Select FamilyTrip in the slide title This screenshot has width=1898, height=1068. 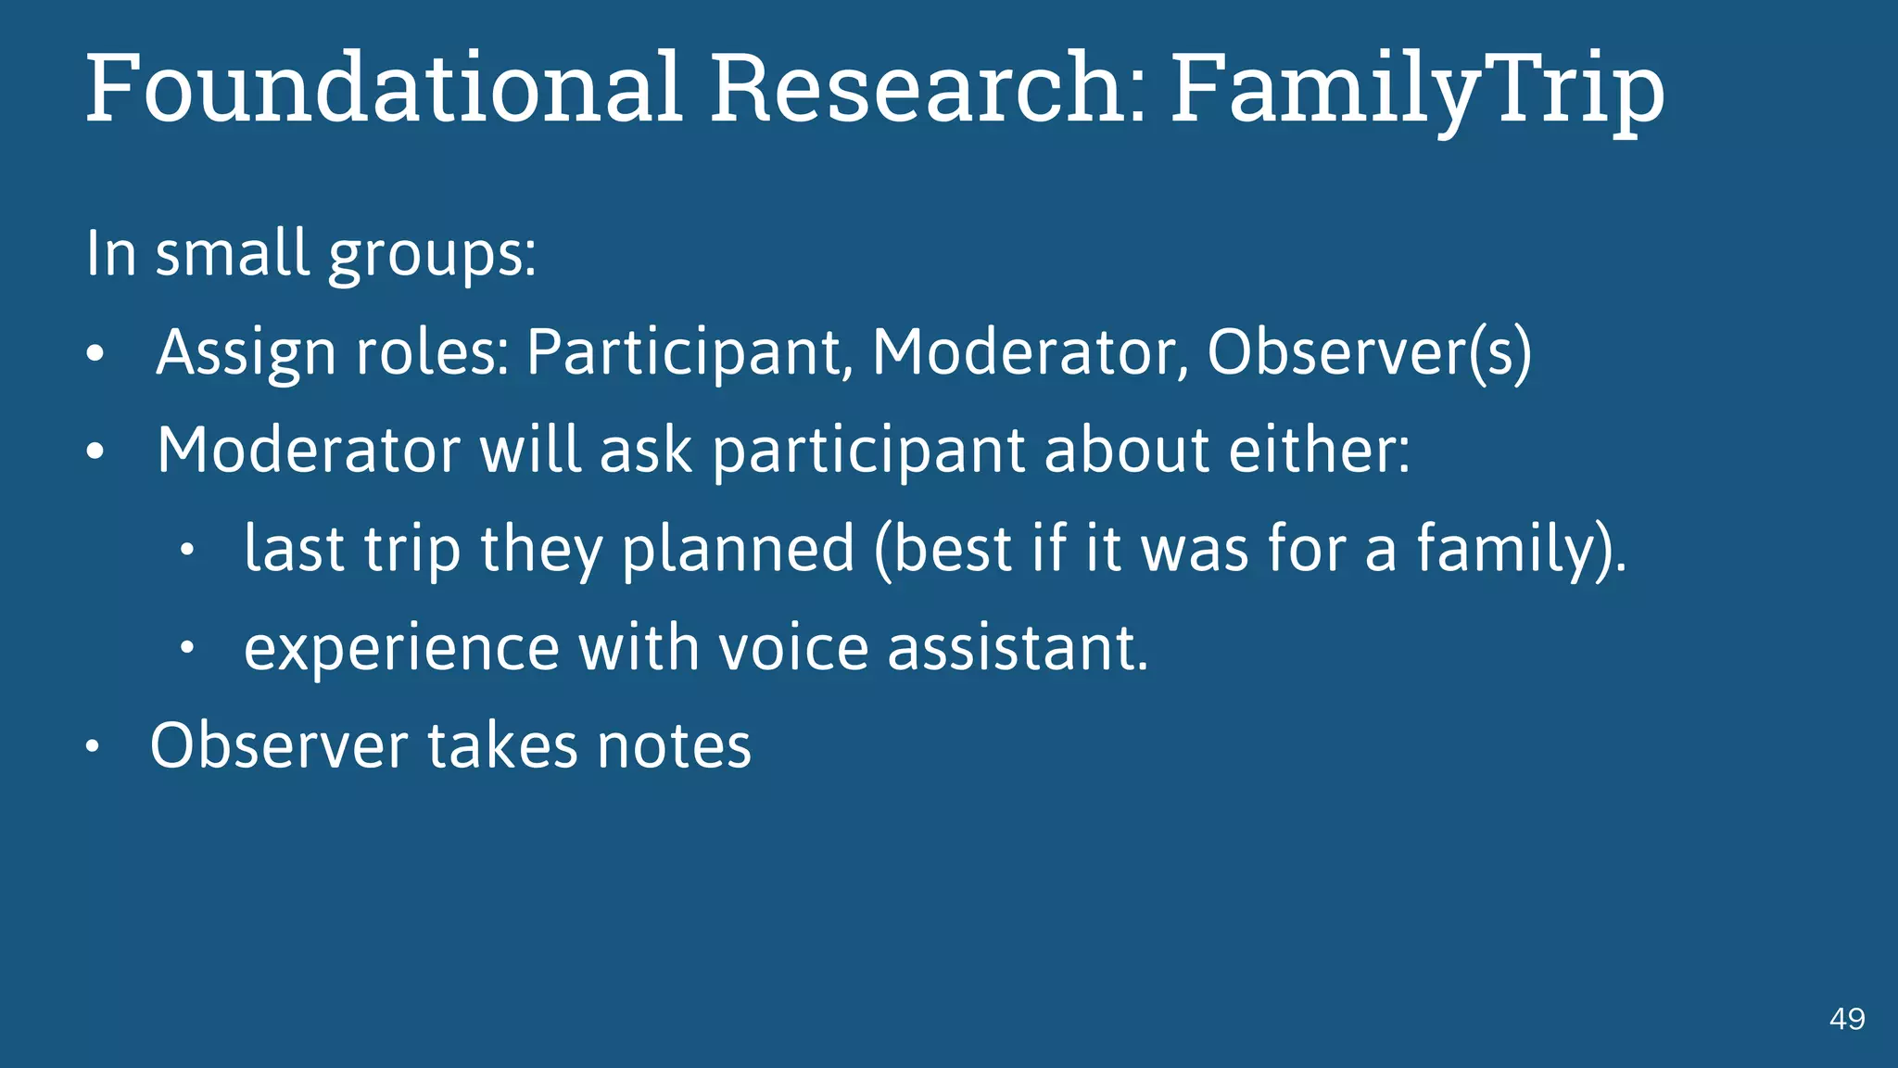pyautogui.click(x=1417, y=88)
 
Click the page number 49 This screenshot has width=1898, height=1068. pyautogui.click(x=1847, y=1019)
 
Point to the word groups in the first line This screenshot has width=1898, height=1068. pyautogui.click(x=432, y=255)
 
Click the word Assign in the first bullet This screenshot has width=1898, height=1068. pyautogui.click(x=246, y=353)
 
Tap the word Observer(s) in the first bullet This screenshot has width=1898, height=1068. pyautogui.click(x=1369, y=353)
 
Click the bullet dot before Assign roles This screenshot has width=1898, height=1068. pyautogui.click(x=95, y=355)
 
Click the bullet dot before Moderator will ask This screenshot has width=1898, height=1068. pyautogui.click(x=95, y=453)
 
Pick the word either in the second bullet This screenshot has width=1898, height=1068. pyautogui.click(x=1319, y=451)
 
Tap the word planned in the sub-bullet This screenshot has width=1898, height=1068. pyautogui.click(x=737, y=550)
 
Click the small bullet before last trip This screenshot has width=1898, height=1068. pyautogui.click(x=186, y=552)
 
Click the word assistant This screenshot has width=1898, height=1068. pyautogui.click(x=1018, y=648)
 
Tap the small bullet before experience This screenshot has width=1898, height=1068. pyautogui.click(x=186, y=648)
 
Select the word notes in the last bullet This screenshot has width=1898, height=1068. pyautogui.click(x=674, y=746)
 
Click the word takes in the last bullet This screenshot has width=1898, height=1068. pyautogui.click(x=501, y=746)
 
